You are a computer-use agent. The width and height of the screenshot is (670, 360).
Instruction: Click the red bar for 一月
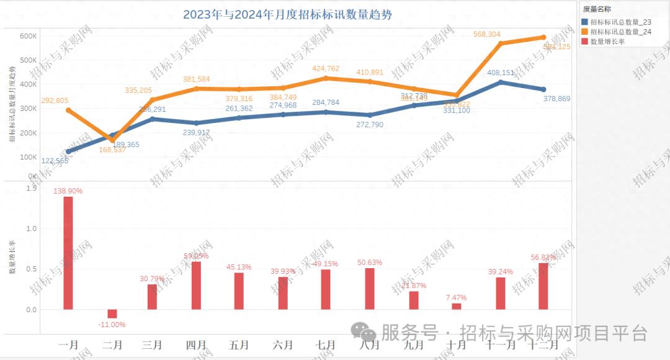(x=68, y=253)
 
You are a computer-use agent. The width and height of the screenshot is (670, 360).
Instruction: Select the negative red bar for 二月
(x=112, y=313)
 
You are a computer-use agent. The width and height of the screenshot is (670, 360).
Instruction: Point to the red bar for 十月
(x=457, y=306)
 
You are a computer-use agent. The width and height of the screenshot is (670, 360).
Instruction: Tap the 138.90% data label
(x=68, y=191)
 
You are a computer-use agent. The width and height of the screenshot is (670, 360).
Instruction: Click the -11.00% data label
(x=112, y=324)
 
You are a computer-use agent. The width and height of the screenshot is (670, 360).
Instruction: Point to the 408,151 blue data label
(x=499, y=73)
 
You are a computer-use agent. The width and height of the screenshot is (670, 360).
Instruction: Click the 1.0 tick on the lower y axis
(x=32, y=228)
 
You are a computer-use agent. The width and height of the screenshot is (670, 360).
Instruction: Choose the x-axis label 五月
(x=239, y=344)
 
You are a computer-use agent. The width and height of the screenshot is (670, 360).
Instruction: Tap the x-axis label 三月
(x=152, y=344)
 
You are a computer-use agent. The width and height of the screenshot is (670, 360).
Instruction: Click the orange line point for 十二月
(x=543, y=37)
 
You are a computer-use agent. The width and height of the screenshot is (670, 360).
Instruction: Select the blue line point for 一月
(x=68, y=151)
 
